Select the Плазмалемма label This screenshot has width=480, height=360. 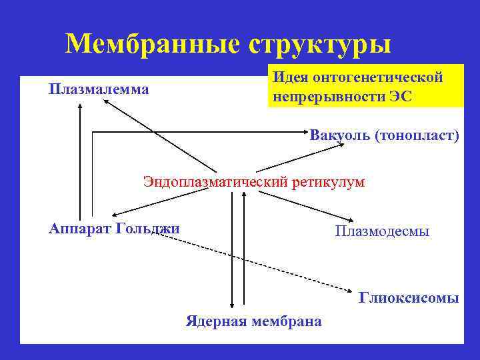click(99, 89)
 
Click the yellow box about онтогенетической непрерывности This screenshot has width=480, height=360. click(365, 86)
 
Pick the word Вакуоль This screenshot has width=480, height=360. click(339, 136)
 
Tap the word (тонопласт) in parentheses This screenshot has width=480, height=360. click(417, 136)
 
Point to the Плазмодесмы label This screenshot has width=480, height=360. click(382, 231)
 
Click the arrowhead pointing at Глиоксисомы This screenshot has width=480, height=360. click(351, 290)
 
